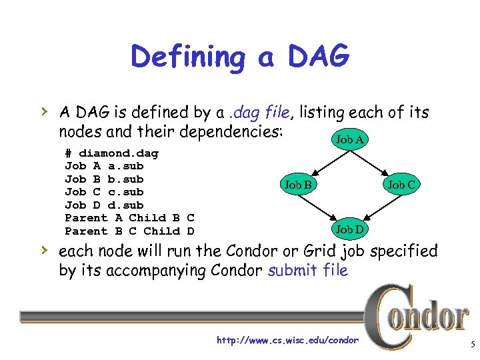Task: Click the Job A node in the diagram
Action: click(350, 139)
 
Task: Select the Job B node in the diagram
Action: click(298, 184)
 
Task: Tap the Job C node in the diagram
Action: click(403, 184)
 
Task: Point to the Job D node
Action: click(350, 229)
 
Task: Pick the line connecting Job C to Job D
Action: click(377, 207)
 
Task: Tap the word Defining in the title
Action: click(189, 58)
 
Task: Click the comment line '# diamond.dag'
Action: click(111, 153)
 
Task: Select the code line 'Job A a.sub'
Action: click(104, 166)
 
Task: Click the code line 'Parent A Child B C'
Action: click(129, 218)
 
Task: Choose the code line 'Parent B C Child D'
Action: click(129, 231)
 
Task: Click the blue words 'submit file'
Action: click(307, 271)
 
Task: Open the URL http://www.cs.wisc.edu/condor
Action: click(287, 341)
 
